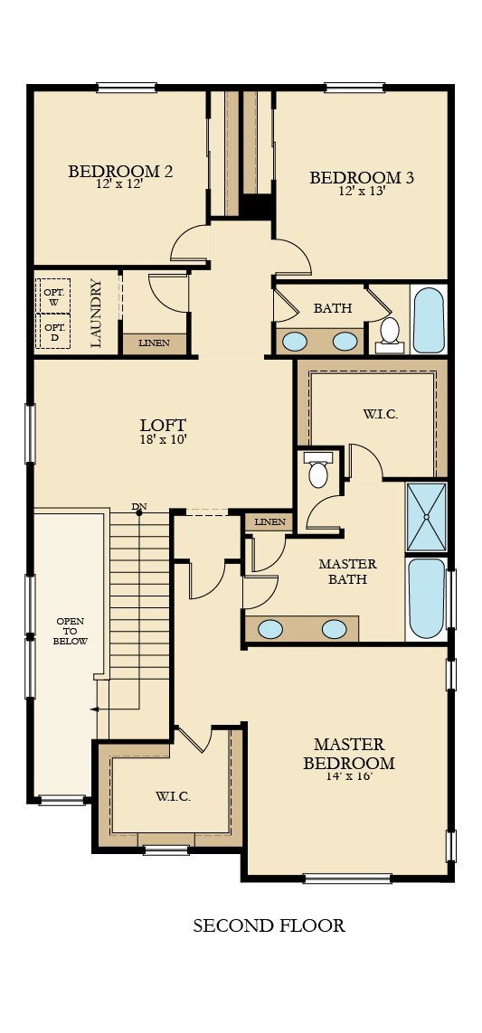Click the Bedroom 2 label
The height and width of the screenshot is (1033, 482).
120,171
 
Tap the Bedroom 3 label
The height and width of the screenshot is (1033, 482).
362,177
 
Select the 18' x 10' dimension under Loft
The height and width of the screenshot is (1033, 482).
163,440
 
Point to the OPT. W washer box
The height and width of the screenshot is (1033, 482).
54,296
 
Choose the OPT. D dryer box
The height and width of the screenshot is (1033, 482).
54,331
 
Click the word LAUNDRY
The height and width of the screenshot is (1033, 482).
97,313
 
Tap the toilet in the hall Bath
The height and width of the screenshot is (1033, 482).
390,332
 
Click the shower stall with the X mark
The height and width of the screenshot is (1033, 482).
426,517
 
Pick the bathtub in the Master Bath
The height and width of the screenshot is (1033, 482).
426,597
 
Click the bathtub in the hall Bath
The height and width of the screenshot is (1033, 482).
428,320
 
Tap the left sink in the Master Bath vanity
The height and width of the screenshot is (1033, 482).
270,629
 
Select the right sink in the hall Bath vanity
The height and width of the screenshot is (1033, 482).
345,342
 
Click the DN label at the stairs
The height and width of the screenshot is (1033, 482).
138,507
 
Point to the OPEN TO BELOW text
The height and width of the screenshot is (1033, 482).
71,631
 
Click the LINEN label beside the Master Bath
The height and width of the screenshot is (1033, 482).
269,522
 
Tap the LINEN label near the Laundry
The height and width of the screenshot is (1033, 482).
154,343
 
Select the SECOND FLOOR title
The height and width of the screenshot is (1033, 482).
269,925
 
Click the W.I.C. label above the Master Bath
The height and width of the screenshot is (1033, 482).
380,414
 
